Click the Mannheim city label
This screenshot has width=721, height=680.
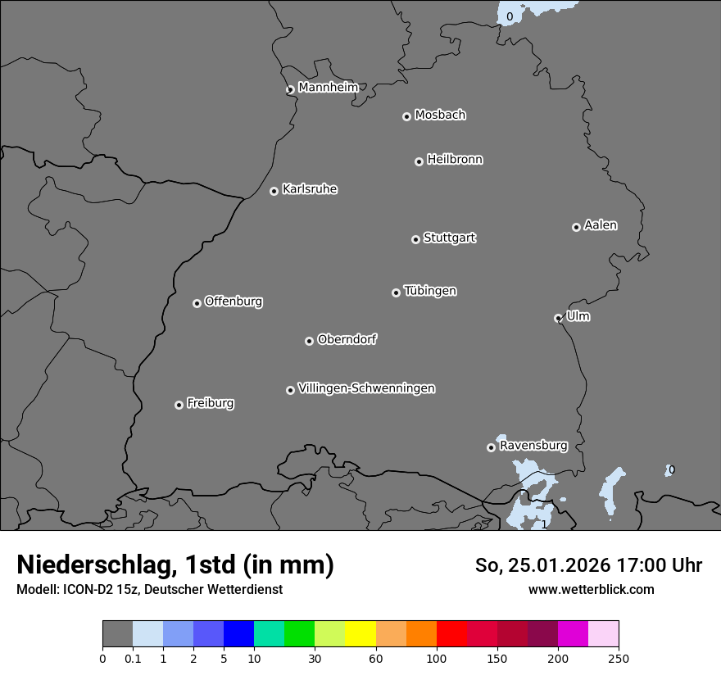(x=328, y=87)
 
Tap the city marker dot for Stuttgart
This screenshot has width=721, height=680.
(x=415, y=239)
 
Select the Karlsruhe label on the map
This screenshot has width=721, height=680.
(x=310, y=189)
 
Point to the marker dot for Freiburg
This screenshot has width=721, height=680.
(x=179, y=405)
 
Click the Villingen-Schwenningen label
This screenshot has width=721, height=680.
(x=366, y=388)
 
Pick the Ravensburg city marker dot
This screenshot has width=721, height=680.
(x=491, y=447)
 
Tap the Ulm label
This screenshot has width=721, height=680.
(x=578, y=316)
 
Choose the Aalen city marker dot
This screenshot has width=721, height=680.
(x=576, y=227)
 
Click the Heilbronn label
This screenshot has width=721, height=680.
(x=455, y=159)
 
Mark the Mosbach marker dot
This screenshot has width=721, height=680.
(x=406, y=116)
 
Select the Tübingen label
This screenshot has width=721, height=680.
(x=430, y=291)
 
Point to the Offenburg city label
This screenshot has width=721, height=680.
(x=234, y=301)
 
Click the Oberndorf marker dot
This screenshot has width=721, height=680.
(x=309, y=341)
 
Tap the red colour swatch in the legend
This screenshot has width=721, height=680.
(x=451, y=634)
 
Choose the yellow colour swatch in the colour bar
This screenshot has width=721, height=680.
(x=360, y=634)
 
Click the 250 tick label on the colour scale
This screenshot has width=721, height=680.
(x=619, y=658)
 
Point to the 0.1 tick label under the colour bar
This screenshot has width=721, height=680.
(x=133, y=658)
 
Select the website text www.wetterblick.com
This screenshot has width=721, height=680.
(x=591, y=589)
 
